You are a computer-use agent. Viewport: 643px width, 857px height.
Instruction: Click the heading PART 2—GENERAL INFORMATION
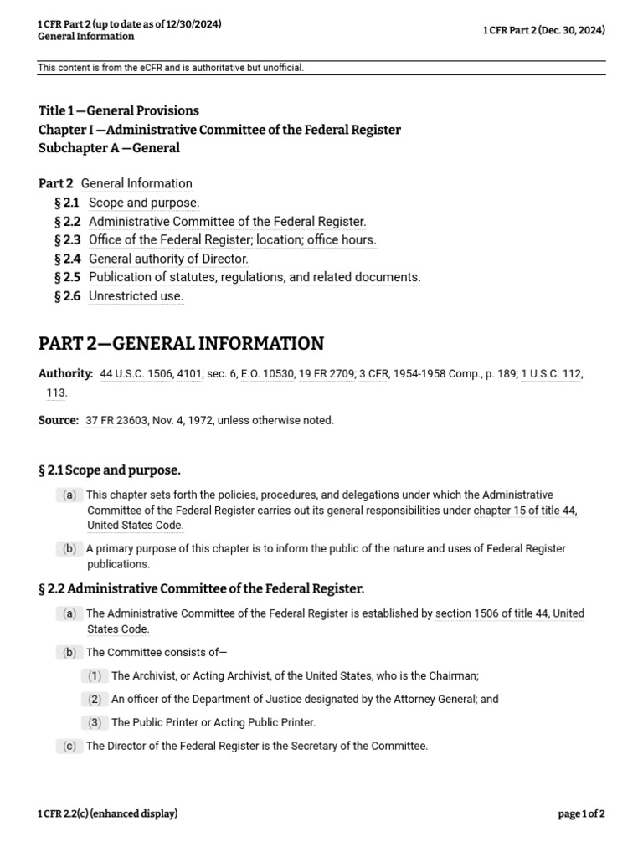[181, 344]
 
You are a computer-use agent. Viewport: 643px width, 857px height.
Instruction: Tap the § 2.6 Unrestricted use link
[136, 295]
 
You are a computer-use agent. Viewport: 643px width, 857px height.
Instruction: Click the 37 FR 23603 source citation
[114, 420]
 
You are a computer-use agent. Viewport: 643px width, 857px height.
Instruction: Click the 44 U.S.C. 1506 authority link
[136, 374]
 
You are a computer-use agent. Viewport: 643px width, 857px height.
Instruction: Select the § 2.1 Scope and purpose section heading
[110, 470]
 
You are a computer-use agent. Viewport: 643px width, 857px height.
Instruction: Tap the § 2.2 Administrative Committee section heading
[201, 588]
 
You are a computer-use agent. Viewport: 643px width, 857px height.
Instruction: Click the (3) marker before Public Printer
[95, 722]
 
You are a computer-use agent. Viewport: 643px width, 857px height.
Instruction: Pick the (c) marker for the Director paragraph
[69, 746]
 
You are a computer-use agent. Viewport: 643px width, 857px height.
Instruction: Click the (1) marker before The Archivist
[95, 675]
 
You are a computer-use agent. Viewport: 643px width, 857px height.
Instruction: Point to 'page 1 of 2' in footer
[581, 813]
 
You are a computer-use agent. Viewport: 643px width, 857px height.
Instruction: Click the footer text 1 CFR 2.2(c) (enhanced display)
[108, 813]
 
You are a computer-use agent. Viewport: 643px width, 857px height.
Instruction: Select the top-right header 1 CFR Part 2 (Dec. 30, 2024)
[543, 31]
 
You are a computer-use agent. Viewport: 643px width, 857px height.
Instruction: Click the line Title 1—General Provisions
[119, 110]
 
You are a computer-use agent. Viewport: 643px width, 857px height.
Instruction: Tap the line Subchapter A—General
[109, 148]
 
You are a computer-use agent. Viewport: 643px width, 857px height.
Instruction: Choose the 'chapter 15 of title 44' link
[525, 511]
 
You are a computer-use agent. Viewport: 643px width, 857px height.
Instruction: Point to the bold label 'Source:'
[59, 420]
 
